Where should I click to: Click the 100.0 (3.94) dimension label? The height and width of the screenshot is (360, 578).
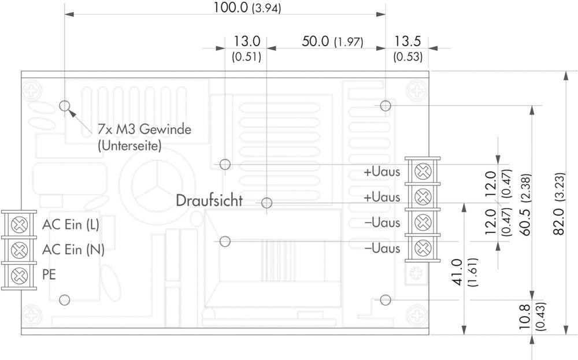click(x=247, y=8)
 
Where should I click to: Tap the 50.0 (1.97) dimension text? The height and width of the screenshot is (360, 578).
click(x=332, y=41)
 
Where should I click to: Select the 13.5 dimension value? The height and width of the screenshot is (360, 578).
click(x=407, y=41)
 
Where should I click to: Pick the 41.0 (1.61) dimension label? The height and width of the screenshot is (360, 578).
click(x=464, y=272)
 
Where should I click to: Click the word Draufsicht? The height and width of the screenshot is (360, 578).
click(x=209, y=201)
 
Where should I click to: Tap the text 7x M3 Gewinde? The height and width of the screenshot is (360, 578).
click(x=144, y=129)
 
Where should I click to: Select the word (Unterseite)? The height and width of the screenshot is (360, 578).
click(x=129, y=146)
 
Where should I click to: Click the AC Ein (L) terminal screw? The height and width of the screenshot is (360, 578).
click(x=19, y=225)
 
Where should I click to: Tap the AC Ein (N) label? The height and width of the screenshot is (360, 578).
click(x=73, y=250)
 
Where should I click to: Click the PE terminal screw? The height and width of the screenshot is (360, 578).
click(x=19, y=276)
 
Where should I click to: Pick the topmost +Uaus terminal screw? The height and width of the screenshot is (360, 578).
click(x=423, y=172)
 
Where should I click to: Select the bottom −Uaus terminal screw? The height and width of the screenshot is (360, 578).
click(x=423, y=248)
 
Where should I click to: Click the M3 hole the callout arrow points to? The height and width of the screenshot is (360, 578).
click(x=65, y=106)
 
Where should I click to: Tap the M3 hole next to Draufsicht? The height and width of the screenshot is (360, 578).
click(x=266, y=203)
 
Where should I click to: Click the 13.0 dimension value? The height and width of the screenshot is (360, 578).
click(x=247, y=41)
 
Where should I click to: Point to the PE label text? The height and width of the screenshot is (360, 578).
click(x=49, y=274)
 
